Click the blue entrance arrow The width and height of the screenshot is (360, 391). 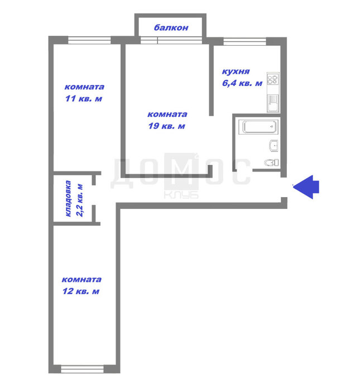tap(306, 187)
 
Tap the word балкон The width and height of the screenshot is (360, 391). tap(171, 27)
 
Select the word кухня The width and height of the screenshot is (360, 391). tap(236, 72)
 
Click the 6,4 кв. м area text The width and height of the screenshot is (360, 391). tap(242, 83)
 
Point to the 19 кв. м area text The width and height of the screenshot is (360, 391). tap(167, 126)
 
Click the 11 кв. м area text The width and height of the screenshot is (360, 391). tap(84, 98)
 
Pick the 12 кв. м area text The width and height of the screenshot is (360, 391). tap(81, 291)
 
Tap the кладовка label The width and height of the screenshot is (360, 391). tap(68, 198)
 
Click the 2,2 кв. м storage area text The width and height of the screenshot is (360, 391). tap(80, 200)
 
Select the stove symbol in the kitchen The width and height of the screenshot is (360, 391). tap(273, 79)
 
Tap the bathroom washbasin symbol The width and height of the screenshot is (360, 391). tap(273, 146)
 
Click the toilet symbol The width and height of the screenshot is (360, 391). tap(272, 163)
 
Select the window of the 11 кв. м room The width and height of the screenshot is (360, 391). tap(89, 40)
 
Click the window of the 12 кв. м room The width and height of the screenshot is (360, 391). tap(82, 369)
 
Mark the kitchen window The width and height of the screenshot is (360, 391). tap(244, 41)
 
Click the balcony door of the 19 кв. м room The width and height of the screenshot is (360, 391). tap(149, 40)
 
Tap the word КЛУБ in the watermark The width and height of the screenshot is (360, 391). tap(181, 195)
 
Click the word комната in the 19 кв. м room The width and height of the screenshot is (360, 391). tap(167, 115)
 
